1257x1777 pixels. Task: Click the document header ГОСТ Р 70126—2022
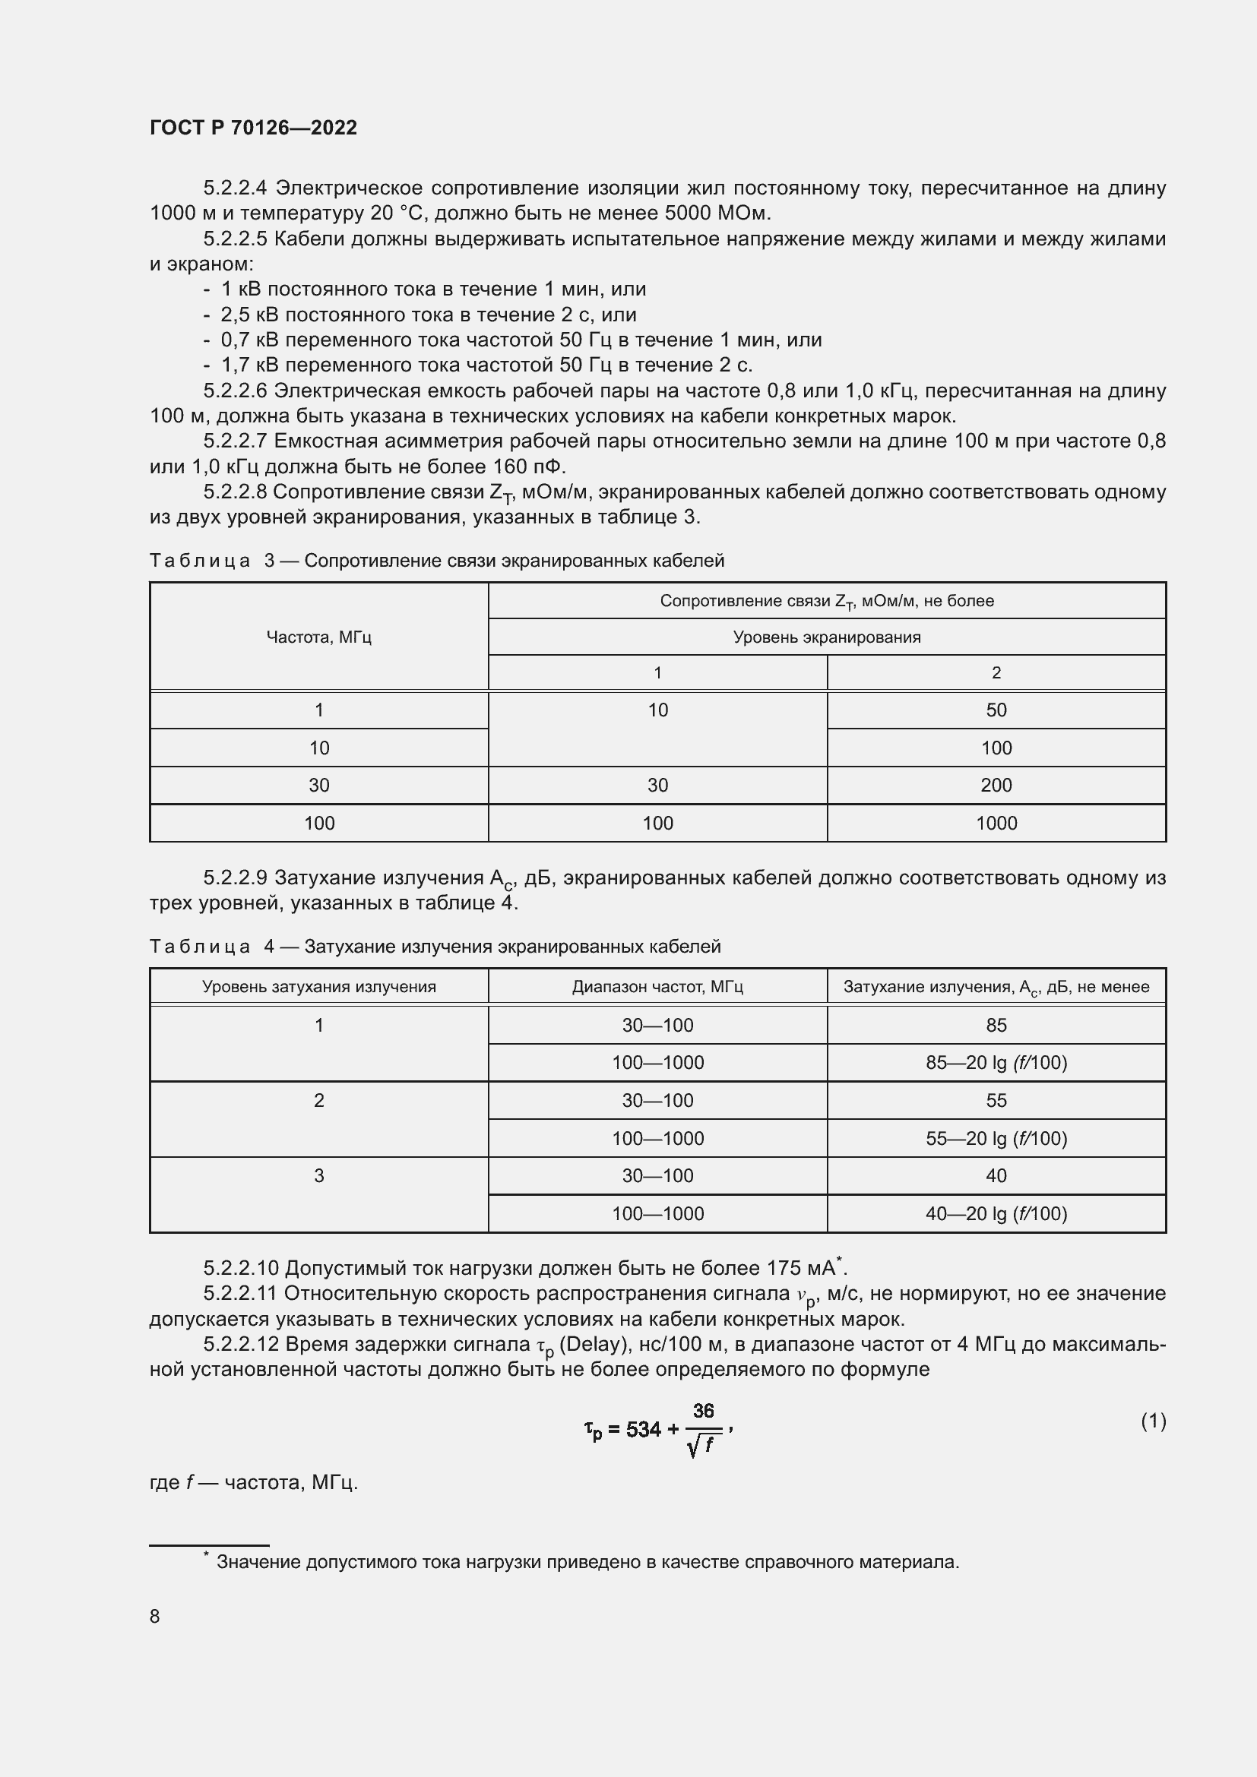click(253, 128)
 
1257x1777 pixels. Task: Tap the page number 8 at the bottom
click(155, 1616)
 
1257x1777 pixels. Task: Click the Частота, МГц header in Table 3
click(318, 637)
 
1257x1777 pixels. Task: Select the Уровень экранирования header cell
click(827, 637)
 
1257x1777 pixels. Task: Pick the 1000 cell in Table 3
click(996, 823)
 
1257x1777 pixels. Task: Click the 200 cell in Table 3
click(996, 785)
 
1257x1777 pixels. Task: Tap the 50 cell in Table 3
click(996, 710)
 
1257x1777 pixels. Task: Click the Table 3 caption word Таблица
click(200, 561)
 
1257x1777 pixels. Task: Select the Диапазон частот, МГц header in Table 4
click(657, 987)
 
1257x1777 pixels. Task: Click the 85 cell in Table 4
click(996, 1025)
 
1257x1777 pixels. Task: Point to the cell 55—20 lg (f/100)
click(996, 1139)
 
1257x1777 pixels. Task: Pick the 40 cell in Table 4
click(996, 1175)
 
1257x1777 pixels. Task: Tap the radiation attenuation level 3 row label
click(318, 1175)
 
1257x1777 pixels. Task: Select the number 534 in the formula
click(643, 1430)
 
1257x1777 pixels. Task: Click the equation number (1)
click(1153, 1421)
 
